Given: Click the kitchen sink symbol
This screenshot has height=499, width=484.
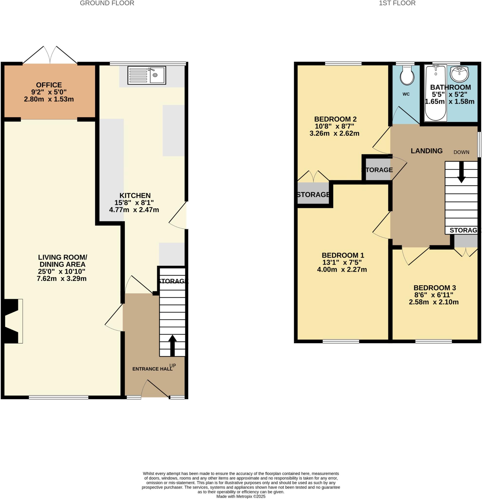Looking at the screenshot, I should pos(147,75).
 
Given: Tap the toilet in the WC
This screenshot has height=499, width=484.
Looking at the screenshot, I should pos(407,75).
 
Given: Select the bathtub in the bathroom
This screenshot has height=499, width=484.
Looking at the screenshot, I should pos(436,93).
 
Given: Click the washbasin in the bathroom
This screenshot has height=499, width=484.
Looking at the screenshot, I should pos(459,73).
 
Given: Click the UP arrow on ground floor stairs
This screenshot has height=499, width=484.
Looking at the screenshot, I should pos(172,345).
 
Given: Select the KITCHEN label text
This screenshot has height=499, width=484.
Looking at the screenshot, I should pos(135,195).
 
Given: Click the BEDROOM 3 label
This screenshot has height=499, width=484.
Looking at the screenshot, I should pos(434,288).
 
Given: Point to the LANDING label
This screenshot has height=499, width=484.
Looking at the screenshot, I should pos(426,151).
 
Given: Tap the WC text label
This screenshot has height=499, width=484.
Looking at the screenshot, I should pos(406,94).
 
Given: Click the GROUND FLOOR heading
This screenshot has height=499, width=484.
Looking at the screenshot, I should pos(107,3).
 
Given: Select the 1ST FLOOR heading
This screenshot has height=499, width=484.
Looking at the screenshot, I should pos(397,3).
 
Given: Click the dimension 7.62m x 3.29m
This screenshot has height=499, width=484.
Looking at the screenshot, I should pos(62,278).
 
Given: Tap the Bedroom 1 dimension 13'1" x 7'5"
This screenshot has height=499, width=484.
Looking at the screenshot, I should pos(342,262).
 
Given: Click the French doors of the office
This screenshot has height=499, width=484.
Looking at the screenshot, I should pos(50,55).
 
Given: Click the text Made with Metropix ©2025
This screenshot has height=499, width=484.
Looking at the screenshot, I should pos(241,496).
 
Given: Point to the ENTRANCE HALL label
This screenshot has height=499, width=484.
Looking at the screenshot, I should pos(152,369).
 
